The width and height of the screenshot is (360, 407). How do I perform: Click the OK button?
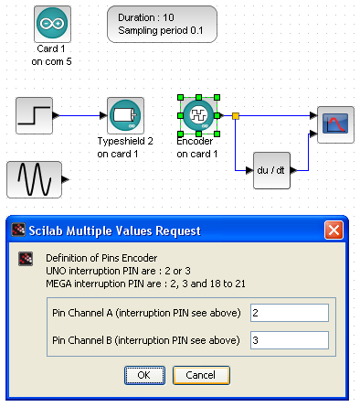pos(144,375)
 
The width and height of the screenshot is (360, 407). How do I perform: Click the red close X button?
pos(334,230)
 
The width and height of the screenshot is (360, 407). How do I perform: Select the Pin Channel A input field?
pos(290,313)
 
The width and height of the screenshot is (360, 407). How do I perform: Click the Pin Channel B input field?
pos(290,340)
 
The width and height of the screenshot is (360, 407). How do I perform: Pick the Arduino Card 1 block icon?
pos(52,24)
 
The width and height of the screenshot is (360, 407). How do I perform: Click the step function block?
pos(34,116)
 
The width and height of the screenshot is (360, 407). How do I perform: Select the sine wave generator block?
pos(34,179)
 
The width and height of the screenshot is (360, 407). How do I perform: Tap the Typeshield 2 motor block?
pos(125,116)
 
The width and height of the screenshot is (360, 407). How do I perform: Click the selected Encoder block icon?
pos(198,116)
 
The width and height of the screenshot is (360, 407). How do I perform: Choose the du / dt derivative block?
pos(271,170)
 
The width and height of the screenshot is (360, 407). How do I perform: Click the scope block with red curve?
pos(335,124)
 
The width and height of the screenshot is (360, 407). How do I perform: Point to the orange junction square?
pos(236,116)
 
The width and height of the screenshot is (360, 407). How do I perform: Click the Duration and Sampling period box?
pos(162,24)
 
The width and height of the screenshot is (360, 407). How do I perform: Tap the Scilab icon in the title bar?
pos(18,230)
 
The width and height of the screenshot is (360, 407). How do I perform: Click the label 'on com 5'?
pos(51,61)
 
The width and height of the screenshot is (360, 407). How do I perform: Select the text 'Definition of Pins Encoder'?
pos(101,258)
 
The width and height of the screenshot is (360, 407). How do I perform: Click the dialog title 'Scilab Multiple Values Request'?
pos(115,230)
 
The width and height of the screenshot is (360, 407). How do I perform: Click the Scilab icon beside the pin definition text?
pos(26,259)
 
